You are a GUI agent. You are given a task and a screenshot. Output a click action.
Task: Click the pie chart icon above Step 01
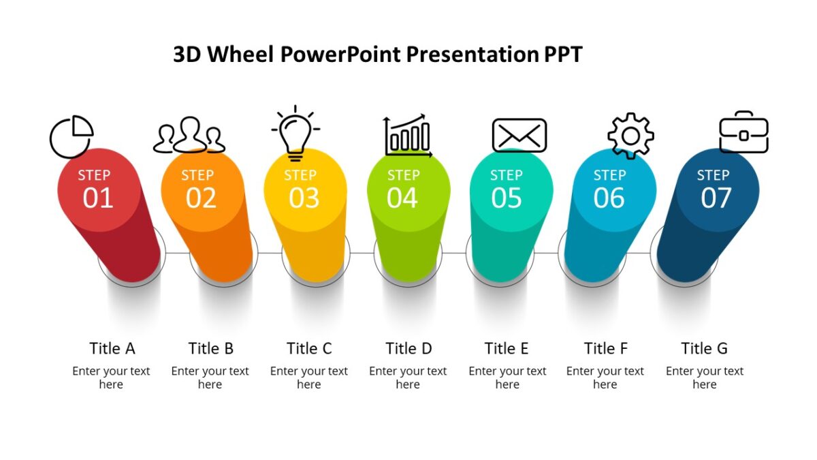tap(71, 136)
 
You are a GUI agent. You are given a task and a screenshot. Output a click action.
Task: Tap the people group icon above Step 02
tap(189, 136)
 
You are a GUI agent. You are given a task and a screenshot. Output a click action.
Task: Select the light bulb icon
tap(295, 133)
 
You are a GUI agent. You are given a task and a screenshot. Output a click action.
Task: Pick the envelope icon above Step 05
tap(519, 135)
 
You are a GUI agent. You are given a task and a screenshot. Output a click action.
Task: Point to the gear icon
tap(630, 136)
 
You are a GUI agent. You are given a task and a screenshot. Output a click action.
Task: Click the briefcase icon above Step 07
tap(743, 132)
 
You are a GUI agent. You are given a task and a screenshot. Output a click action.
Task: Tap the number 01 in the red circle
tap(98, 198)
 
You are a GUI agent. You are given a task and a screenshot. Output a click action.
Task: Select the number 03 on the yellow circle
tap(304, 198)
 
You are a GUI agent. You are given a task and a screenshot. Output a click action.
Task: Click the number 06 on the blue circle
tap(609, 198)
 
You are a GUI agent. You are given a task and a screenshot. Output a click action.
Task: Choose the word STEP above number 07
tap(713, 176)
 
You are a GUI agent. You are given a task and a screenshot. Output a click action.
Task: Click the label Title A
tap(112, 348)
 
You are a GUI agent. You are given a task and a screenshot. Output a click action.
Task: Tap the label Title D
tap(408, 348)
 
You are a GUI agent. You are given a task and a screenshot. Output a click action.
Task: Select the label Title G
tap(704, 348)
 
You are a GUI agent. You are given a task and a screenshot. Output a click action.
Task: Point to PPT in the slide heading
tap(562, 55)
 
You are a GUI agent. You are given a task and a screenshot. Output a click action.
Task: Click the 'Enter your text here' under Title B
tap(210, 378)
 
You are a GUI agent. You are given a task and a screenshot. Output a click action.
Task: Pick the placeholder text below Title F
tap(605, 378)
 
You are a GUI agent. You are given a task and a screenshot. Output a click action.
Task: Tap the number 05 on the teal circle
tap(507, 198)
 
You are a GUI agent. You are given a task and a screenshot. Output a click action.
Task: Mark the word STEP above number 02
tap(197, 176)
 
